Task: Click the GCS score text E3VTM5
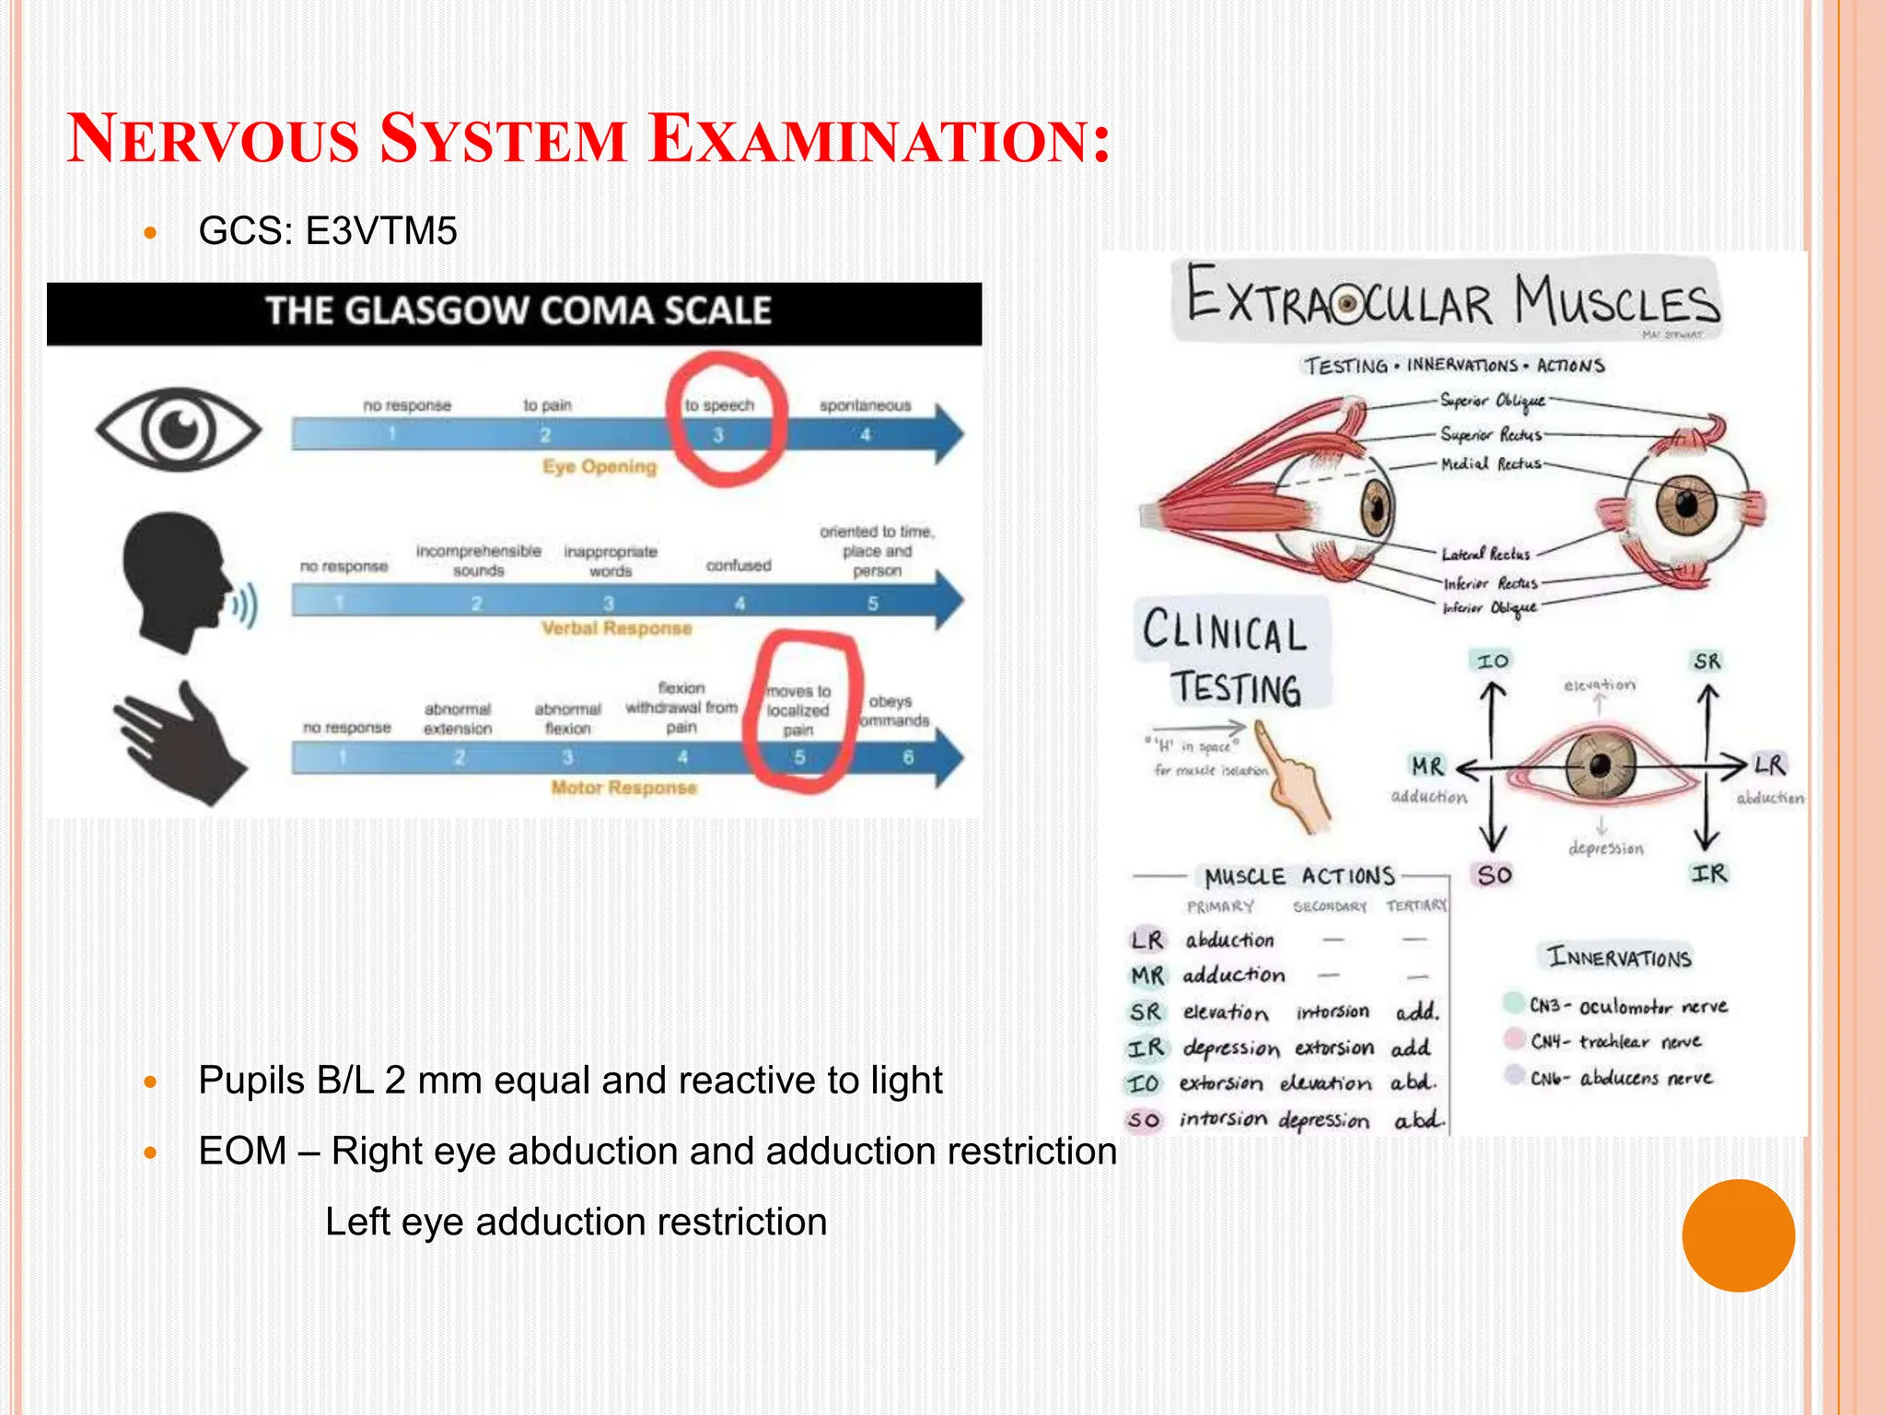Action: click(380, 231)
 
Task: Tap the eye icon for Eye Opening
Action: click(179, 429)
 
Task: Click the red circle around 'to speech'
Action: click(728, 419)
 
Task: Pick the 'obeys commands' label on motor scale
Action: click(892, 711)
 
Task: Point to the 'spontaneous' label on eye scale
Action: click(865, 405)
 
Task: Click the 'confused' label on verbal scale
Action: click(739, 566)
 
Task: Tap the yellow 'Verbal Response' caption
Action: click(616, 628)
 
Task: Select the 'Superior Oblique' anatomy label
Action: click(1492, 401)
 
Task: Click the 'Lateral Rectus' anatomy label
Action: click(1485, 554)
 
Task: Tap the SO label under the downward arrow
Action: click(1494, 874)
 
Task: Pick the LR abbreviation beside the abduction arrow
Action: click(1768, 765)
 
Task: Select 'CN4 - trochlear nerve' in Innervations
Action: click(1613, 1042)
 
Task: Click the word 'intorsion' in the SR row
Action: click(1333, 1012)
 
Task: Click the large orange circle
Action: click(1738, 1235)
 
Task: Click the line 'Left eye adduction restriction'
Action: click(576, 1222)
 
